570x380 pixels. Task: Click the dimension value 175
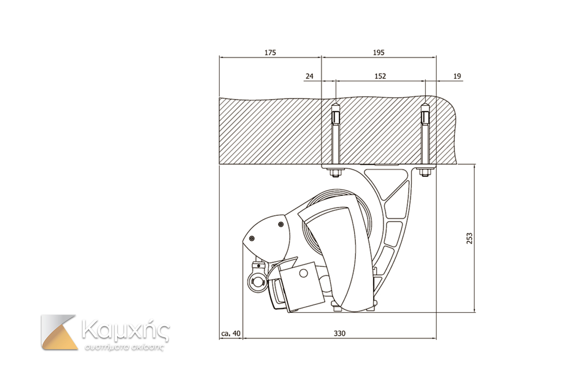(x=270, y=53)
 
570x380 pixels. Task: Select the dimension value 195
(x=379, y=53)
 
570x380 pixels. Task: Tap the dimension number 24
(x=309, y=76)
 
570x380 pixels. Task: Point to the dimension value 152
(x=380, y=76)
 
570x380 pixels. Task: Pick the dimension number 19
(x=457, y=76)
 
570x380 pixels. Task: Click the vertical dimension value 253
(x=469, y=239)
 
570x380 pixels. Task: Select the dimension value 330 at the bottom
(x=340, y=333)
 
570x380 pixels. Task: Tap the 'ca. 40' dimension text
(x=231, y=333)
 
